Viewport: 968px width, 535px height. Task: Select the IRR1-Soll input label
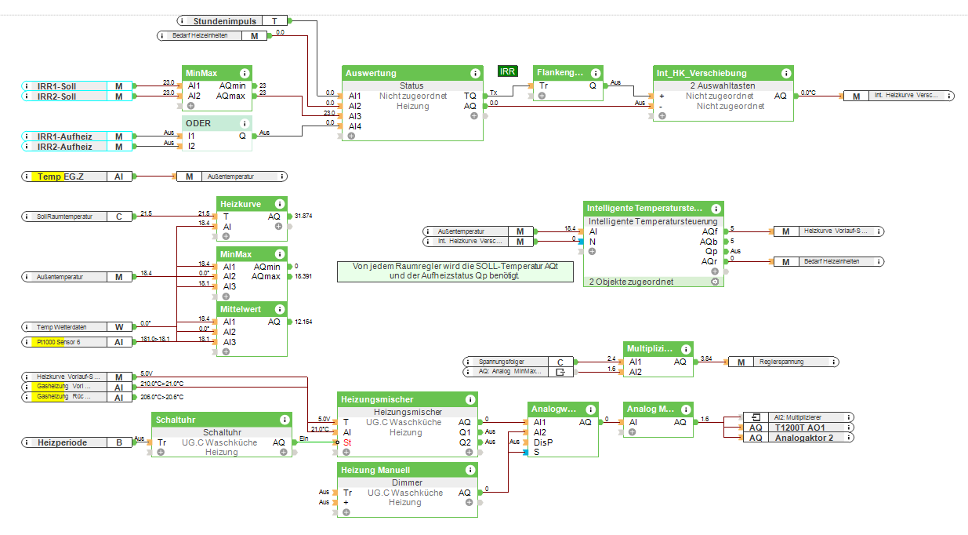click(57, 86)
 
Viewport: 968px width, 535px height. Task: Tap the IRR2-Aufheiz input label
click(64, 147)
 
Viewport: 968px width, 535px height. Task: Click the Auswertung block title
click(371, 73)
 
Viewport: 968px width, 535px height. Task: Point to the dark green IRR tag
click(508, 71)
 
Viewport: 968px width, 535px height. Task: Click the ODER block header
click(198, 123)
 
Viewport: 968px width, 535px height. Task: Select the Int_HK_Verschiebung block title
click(702, 73)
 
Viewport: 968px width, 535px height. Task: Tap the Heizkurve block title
click(241, 204)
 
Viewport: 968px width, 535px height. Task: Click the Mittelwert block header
click(241, 309)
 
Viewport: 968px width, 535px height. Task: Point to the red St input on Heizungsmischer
click(346, 442)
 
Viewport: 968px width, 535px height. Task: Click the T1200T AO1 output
click(800, 428)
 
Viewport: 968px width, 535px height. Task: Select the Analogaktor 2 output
click(803, 438)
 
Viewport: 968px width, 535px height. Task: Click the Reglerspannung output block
click(784, 362)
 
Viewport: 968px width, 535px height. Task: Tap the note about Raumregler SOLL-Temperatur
click(454, 271)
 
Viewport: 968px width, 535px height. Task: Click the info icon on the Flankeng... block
click(596, 73)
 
